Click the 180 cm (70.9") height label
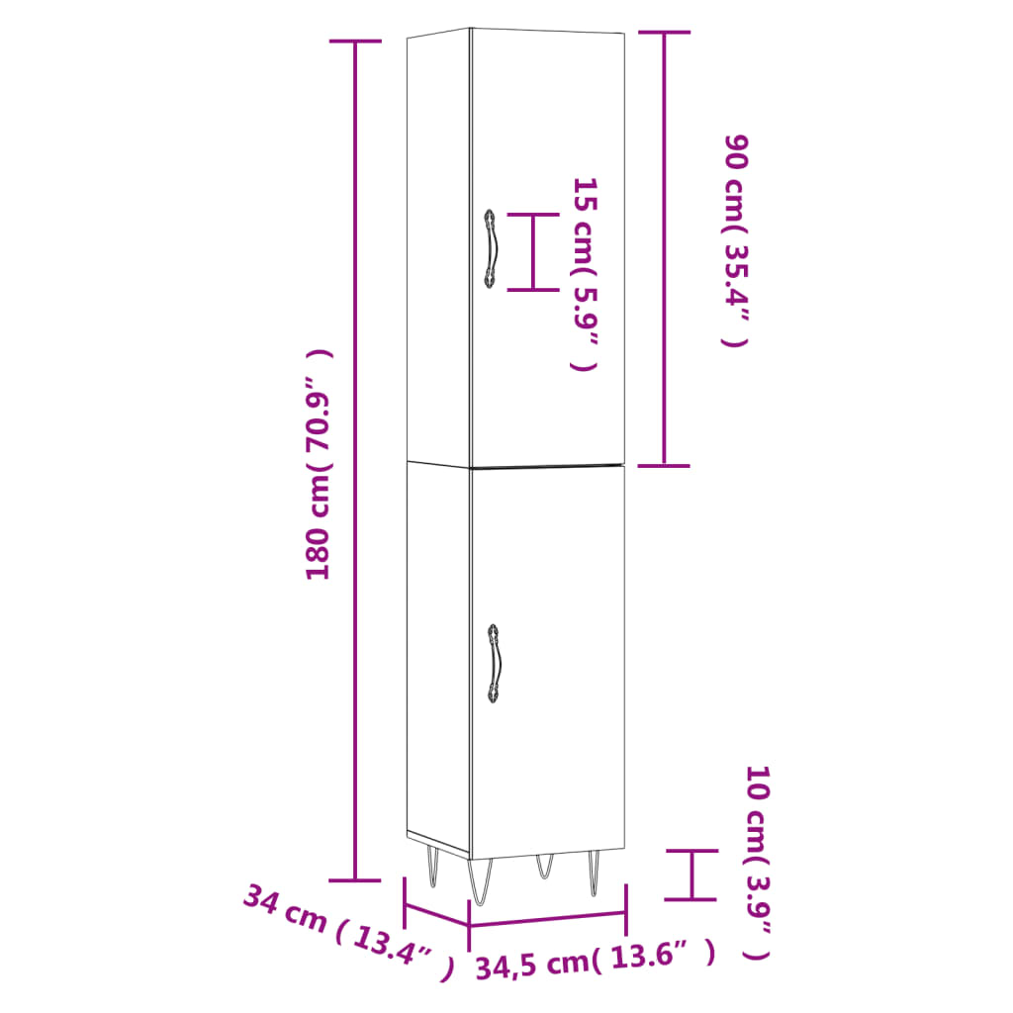click(319, 465)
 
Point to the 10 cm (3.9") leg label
click(756, 862)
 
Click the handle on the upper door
click(491, 249)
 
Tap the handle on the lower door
click(493, 664)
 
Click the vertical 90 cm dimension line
click(663, 248)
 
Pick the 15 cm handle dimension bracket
click(532, 252)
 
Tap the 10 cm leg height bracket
click(691, 875)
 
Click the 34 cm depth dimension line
click(436, 911)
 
